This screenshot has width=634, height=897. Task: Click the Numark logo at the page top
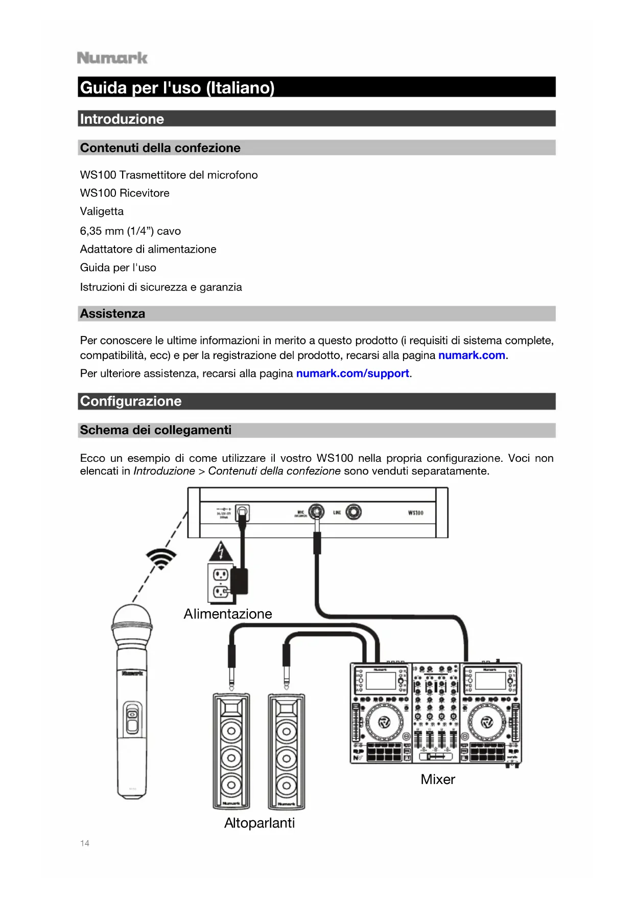click(112, 58)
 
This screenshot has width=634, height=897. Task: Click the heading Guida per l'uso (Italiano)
click(177, 87)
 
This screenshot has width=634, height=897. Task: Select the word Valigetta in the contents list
click(102, 211)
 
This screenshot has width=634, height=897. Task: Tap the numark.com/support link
click(353, 373)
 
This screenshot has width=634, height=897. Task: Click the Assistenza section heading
click(112, 313)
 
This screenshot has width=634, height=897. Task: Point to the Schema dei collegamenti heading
click(155, 430)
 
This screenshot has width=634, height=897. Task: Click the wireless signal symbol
click(161, 558)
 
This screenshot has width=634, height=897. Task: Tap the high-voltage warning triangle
click(221, 552)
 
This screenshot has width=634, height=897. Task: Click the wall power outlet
click(220, 584)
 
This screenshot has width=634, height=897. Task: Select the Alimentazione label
click(228, 614)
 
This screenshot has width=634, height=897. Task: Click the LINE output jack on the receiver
click(353, 512)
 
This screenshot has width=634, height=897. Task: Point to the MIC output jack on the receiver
click(317, 511)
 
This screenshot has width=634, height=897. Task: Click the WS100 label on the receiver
click(415, 512)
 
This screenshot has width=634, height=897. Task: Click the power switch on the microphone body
click(132, 718)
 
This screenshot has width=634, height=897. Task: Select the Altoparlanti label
click(260, 823)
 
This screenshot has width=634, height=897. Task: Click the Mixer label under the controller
click(438, 779)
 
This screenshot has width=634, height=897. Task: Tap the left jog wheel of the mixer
click(384, 722)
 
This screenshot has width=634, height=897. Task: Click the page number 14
click(85, 843)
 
